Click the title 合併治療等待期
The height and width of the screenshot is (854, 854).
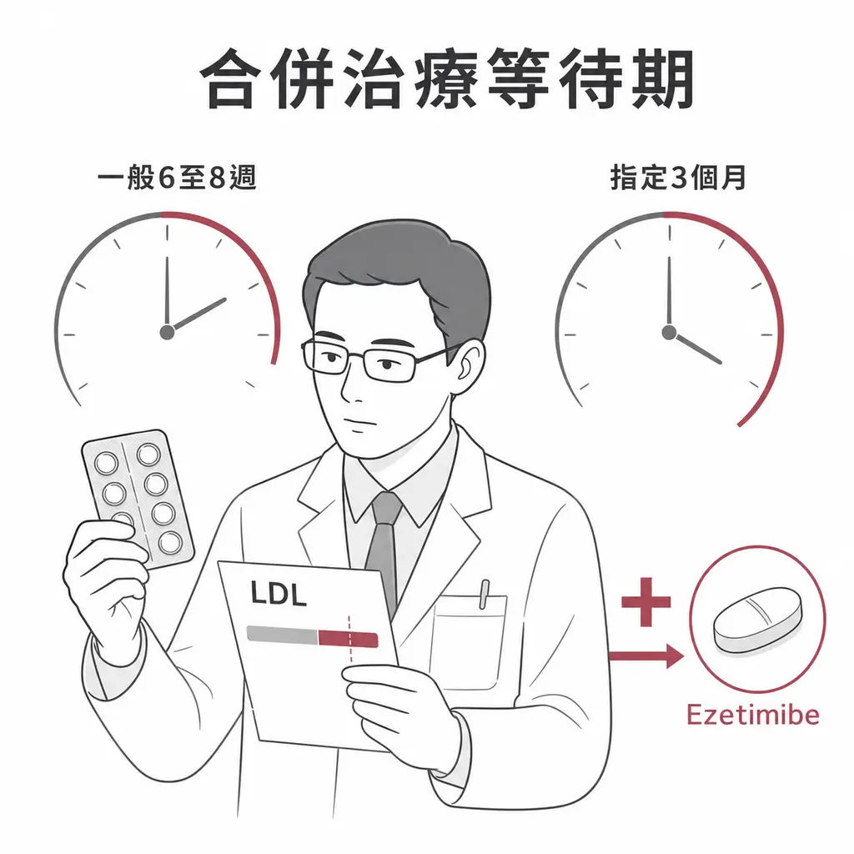tap(448, 79)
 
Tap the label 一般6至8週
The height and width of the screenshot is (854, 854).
tap(177, 178)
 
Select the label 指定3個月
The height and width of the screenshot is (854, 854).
tap(678, 178)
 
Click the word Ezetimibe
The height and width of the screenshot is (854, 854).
tap(753, 715)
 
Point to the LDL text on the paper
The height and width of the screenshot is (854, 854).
tap(279, 594)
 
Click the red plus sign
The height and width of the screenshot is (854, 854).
tap(646, 602)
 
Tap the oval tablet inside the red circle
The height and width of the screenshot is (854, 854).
tap(757, 620)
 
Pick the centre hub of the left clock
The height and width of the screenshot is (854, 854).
tap(167, 332)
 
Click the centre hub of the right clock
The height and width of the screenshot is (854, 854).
tap(669, 332)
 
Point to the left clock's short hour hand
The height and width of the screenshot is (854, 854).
tap(197, 314)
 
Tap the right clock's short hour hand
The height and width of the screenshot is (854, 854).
tap(696, 348)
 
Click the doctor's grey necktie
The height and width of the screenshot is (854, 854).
tap(384, 545)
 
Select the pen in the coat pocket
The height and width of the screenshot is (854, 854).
tap(484, 594)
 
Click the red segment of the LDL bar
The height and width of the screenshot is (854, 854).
tap(348, 638)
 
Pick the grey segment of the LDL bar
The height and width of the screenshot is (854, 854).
tap(282, 635)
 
